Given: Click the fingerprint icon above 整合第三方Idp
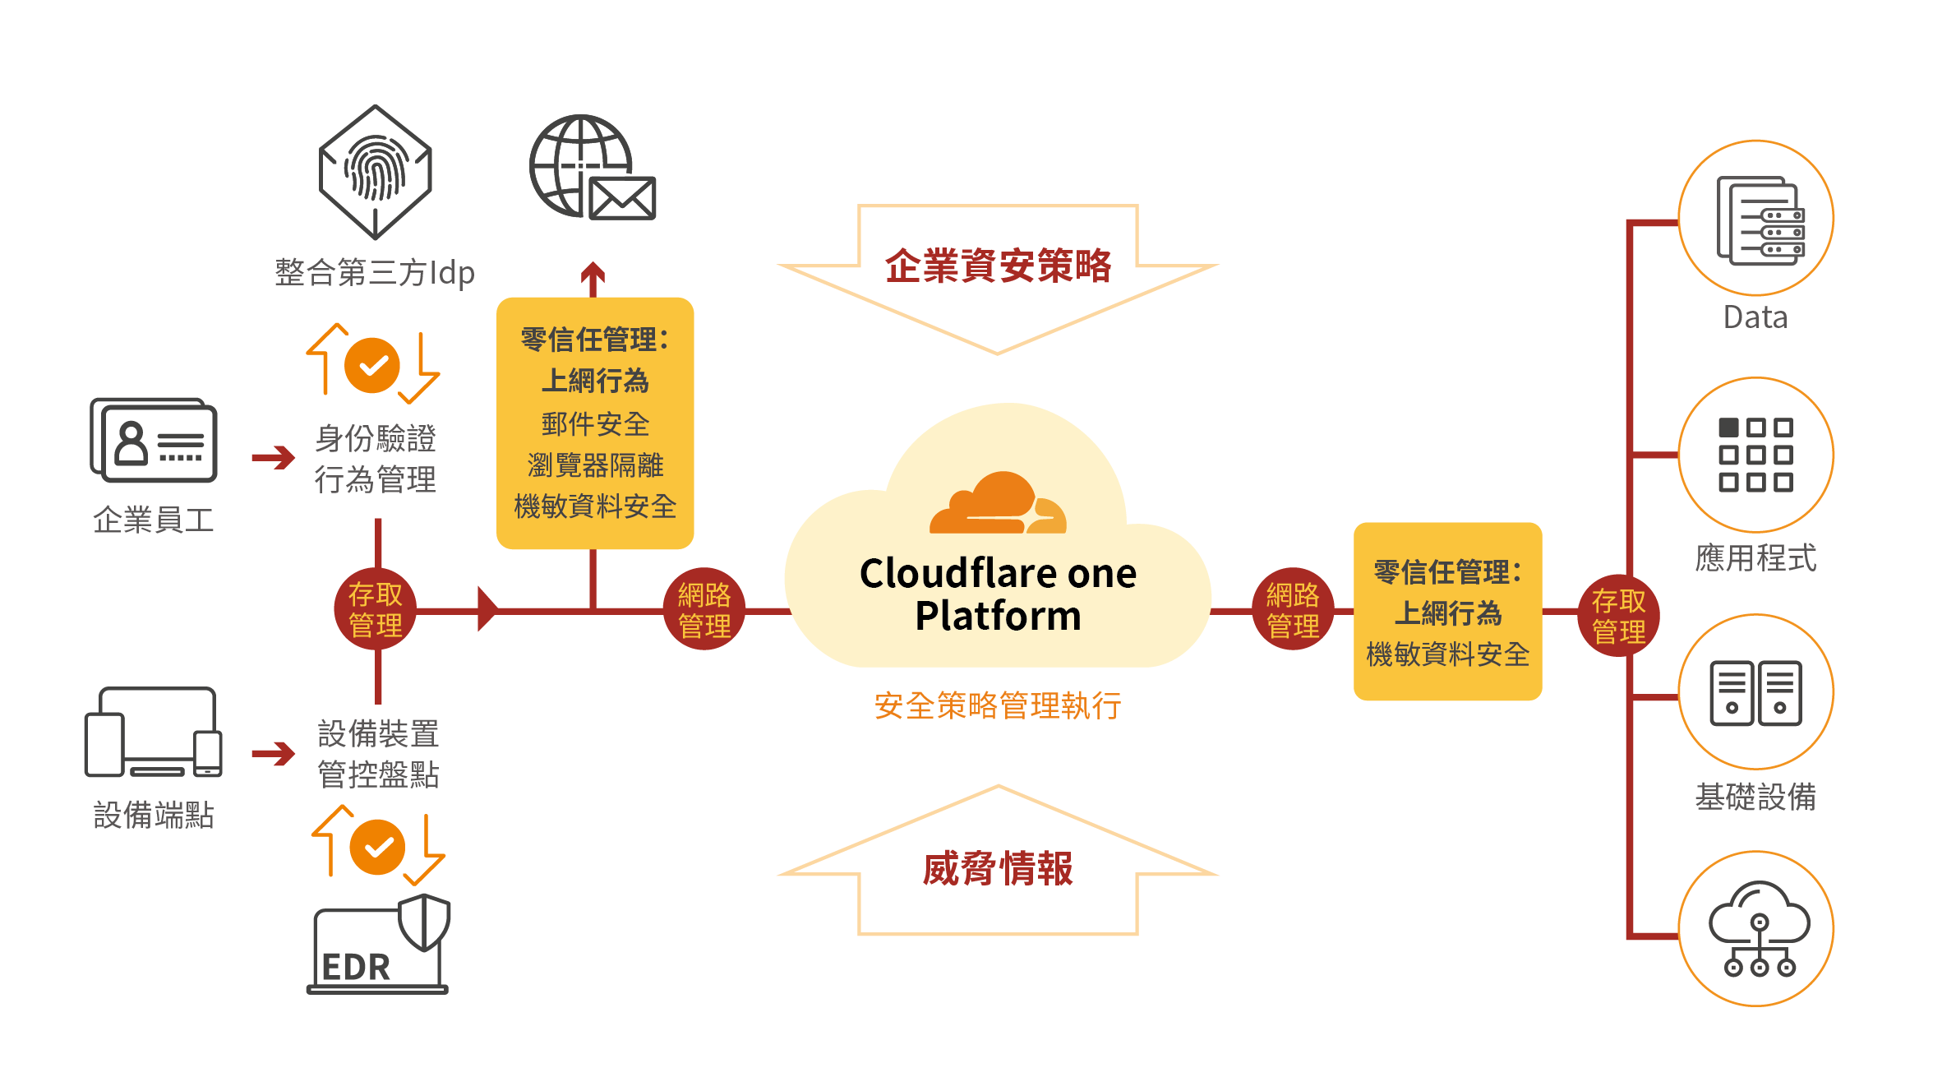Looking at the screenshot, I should pyautogui.click(x=376, y=172).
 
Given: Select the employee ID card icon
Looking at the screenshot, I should pyautogui.click(x=154, y=440).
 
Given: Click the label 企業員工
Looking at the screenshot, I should pyautogui.click(x=154, y=520).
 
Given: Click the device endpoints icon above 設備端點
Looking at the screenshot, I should pyautogui.click(x=154, y=733).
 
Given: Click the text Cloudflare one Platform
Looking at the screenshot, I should pyautogui.click(x=998, y=594).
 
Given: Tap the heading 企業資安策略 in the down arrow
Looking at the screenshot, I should pyautogui.click(x=998, y=266).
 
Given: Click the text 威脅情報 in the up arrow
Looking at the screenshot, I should pyautogui.click(x=998, y=869).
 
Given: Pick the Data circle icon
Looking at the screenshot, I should pyautogui.click(x=1756, y=219).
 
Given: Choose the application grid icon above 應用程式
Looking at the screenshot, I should pyautogui.click(x=1756, y=455).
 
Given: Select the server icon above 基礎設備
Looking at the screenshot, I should pyautogui.click(x=1756, y=692).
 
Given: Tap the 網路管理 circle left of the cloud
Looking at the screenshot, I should pyautogui.click(x=704, y=609).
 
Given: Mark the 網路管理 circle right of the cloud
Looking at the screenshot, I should pyautogui.click(x=1293, y=609).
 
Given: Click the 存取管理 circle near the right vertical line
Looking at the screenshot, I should pyautogui.click(x=1618, y=615).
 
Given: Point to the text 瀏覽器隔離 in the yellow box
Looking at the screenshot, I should pyautogui.click(x=595, y=465).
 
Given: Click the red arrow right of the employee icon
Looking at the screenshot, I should pyautogui.click(x=273, y=456).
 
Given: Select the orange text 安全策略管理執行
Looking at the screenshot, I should pyautogui.click(x=998, y=705).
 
